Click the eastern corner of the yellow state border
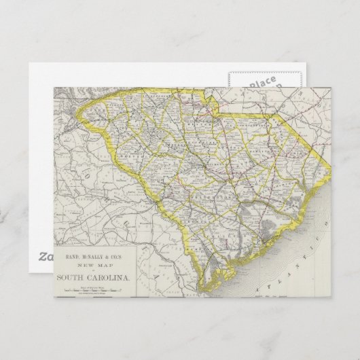coord(323,163)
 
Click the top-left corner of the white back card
coord(30,65)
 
